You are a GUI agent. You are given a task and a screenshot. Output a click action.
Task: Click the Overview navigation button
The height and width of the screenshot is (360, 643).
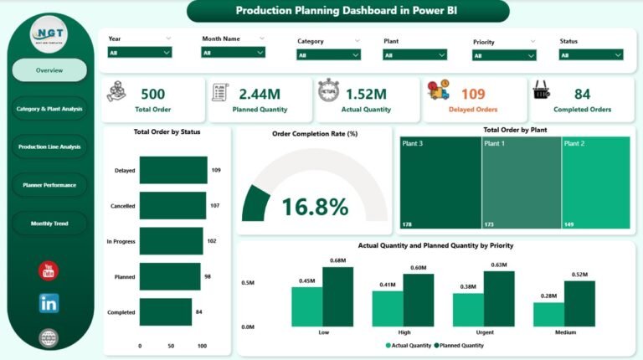coord(49,70)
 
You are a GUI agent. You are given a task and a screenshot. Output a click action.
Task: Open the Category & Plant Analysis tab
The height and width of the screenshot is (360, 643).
coord(49,108)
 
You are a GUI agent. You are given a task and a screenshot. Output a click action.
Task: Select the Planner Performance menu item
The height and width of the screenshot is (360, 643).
coord(49,184)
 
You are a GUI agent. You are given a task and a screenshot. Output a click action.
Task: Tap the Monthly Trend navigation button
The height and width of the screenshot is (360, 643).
coord(49,224)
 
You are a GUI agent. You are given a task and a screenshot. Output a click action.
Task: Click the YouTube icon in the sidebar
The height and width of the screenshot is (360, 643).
coord(49,270)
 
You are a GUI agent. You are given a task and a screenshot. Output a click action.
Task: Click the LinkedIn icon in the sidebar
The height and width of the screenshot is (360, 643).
coord(49,303)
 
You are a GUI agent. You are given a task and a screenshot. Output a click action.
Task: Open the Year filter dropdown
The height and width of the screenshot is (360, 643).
coord(140,52)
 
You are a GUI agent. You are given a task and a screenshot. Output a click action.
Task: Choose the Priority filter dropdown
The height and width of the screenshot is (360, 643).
coord(504,55)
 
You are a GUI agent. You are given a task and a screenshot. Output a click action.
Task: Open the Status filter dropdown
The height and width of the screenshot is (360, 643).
coord(591,54)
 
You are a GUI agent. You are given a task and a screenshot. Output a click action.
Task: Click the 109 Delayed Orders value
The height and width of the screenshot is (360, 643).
coord(473,95)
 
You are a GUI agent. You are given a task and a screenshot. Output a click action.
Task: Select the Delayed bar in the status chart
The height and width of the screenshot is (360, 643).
coord(173,170)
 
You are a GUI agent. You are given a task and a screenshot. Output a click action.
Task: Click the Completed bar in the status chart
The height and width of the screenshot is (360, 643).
coord(165,312)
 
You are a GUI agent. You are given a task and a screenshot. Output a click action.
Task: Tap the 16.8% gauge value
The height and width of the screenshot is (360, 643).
coord(315,206)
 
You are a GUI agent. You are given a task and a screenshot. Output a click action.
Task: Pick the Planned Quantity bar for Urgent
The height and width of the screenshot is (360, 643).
coord(499,299)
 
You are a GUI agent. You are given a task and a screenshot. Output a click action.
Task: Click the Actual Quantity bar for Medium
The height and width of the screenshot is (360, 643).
coord(548,314)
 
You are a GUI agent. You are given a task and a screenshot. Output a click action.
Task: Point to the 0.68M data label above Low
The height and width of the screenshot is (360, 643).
coord(338,260)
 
